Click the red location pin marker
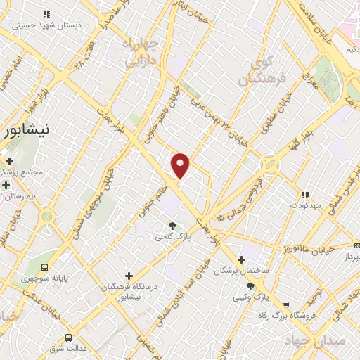(x=181, y=165)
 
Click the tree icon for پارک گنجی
(x=172, y=225)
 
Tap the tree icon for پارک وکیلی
(x=251, y=285)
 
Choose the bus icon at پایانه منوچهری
(x=46, y=267)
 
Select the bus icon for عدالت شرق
(x=68, y=337)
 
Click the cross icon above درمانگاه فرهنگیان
(x=128, y=275)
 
